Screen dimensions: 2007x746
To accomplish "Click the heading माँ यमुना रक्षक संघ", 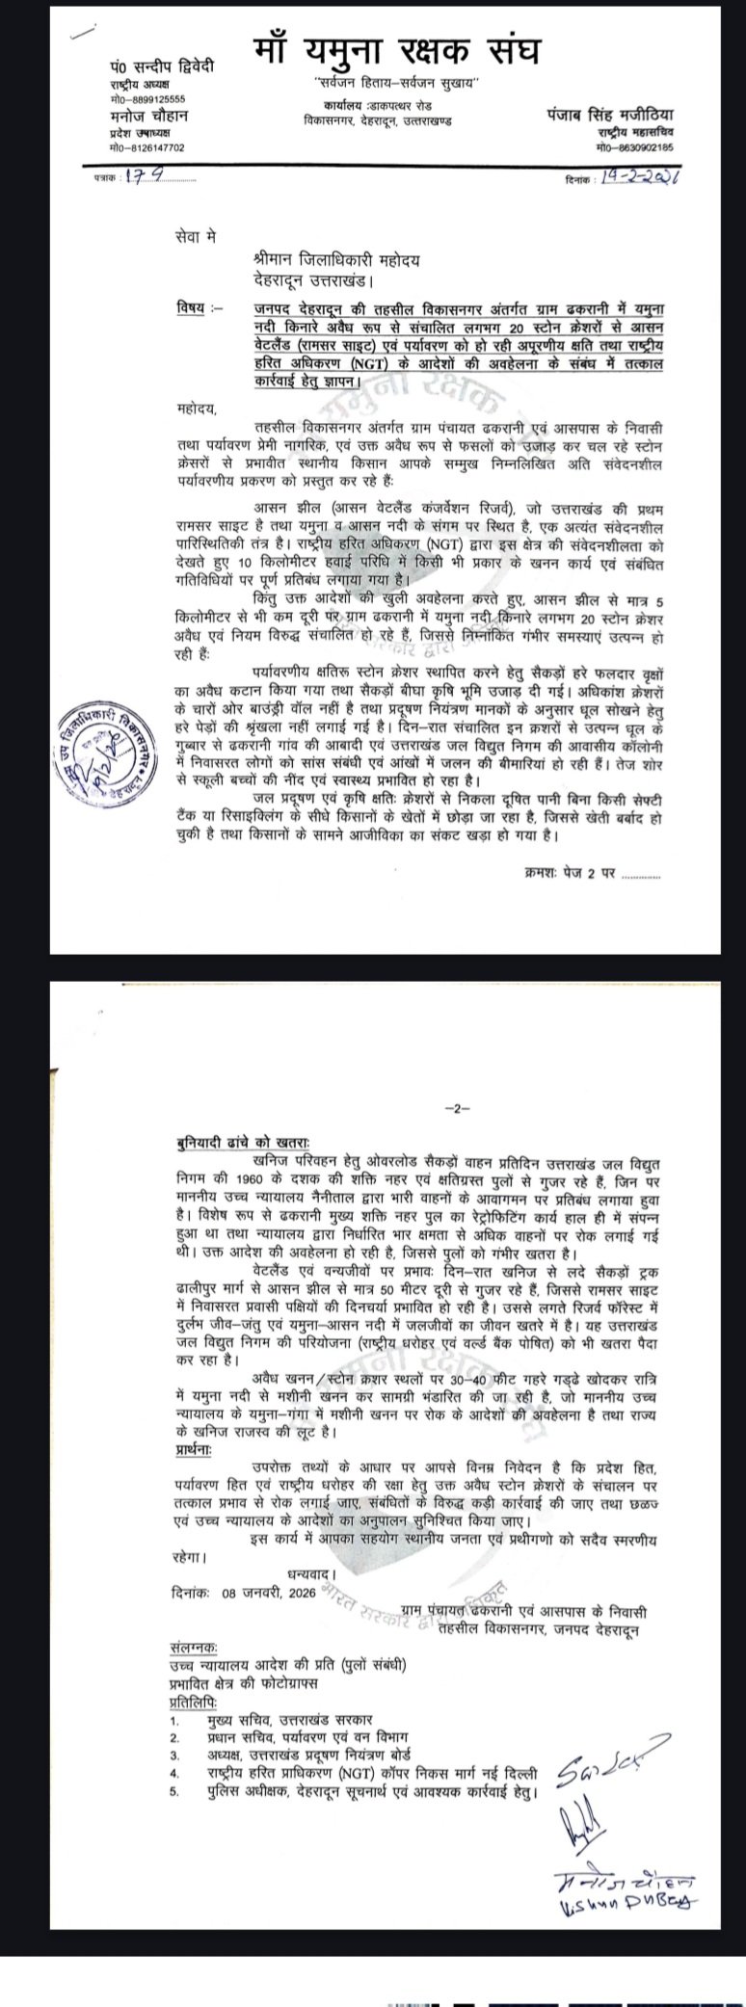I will [x=397, y=52].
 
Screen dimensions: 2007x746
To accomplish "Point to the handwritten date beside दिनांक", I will [x=640, y=179].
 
